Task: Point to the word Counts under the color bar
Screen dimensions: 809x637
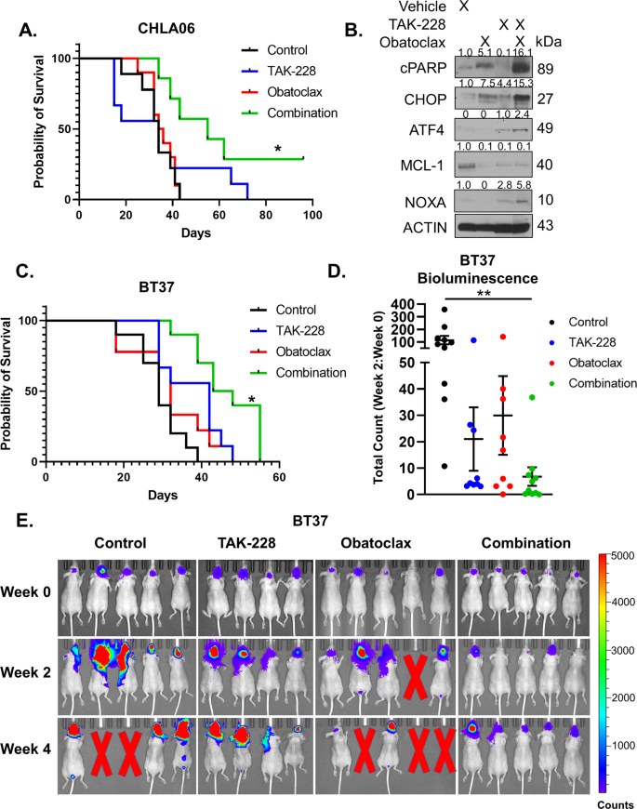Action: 612,799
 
